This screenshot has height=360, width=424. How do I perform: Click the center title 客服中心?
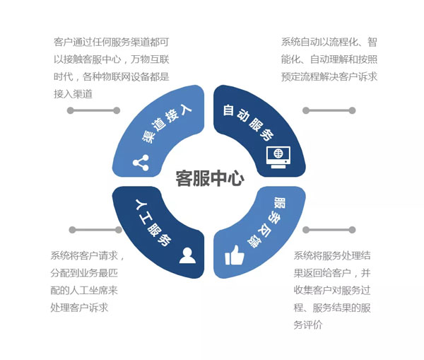click(210, 178)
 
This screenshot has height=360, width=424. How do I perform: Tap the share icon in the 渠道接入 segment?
click(141, 163)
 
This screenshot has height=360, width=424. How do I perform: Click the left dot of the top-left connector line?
click(70, 110)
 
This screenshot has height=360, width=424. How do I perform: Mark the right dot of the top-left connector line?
click(117, 110)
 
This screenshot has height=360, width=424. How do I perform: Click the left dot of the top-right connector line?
click(306, 110)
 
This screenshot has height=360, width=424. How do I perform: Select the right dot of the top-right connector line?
click(353, 110)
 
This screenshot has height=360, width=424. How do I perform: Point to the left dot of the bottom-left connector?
click(72, 230)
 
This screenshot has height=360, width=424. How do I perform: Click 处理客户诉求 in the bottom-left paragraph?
click(79, 308)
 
